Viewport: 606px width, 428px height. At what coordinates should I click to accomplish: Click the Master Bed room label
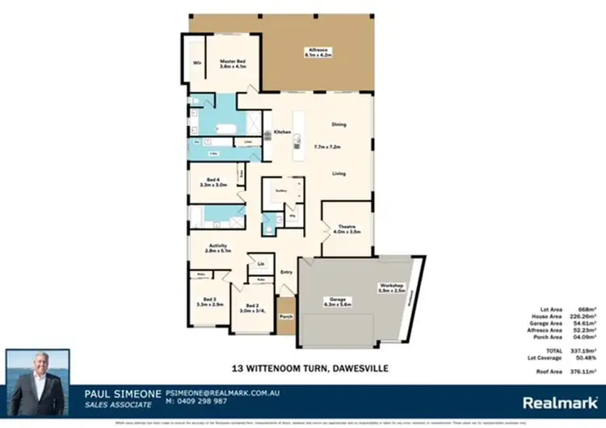232,62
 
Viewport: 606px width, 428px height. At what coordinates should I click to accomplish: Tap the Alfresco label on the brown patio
316,50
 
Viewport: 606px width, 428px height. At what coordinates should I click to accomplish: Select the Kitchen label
281,132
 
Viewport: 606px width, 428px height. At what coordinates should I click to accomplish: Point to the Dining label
339,124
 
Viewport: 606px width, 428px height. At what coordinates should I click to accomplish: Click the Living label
339,174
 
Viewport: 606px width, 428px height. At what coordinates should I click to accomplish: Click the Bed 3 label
210,298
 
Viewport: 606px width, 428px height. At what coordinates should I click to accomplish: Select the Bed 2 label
255,304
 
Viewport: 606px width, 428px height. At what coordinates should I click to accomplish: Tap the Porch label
285,317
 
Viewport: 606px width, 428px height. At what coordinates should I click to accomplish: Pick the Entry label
285,272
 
